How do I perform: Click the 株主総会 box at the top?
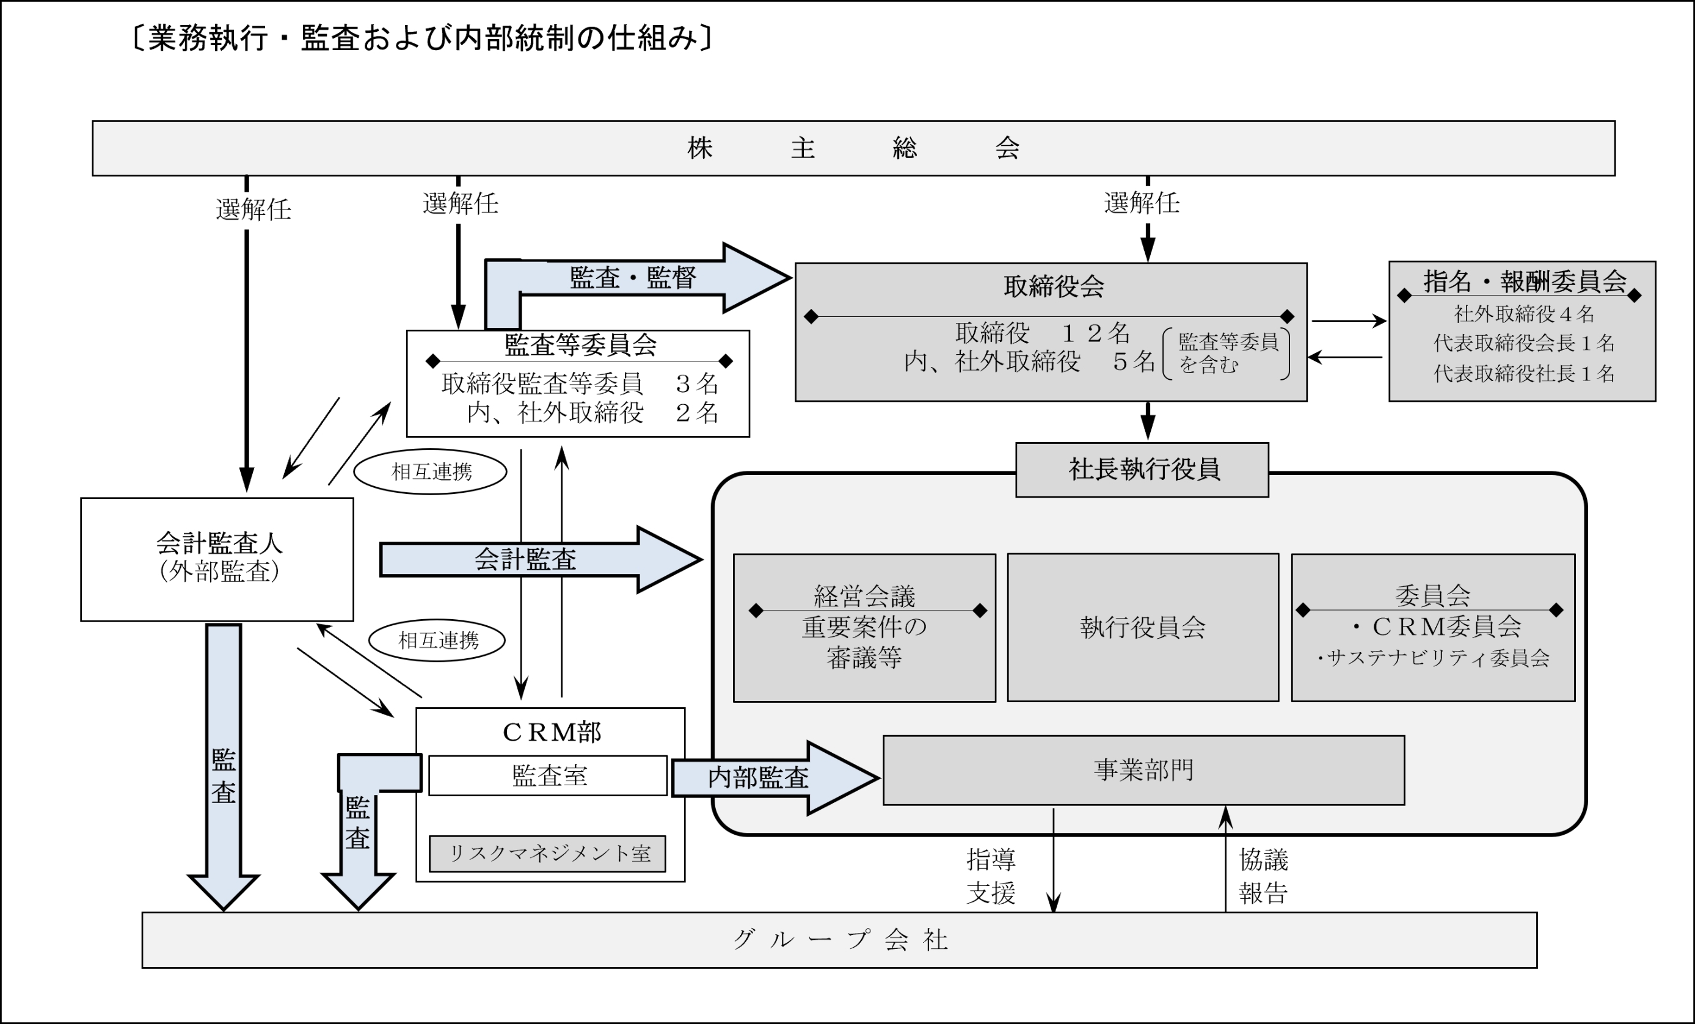click(x=853, y=148)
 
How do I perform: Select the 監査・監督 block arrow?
click(x=633, y=278)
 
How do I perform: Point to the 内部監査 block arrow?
click(x=758, y=778)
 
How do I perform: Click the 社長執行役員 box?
click(x=1142, y=470)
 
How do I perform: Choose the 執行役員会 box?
click(x=1143, y=627)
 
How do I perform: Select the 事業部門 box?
click(x=1143, y=770)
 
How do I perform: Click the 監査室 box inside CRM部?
click(x=549, y=775)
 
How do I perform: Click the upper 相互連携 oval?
click(x=431, y=472)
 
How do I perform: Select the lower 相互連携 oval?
click(x=437, y=641)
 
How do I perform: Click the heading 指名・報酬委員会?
click(x=1525, y=281)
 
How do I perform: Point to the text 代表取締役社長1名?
click(x=1523, y=374)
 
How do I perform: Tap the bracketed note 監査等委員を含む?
click(x=1227, y=354)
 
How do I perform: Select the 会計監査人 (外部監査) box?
click(x=217, y=559)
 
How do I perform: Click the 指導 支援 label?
click(x=990, y=876)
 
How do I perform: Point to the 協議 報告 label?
click(x=1263, y=876)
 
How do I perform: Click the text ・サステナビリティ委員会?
click(x=1433, y=659)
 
